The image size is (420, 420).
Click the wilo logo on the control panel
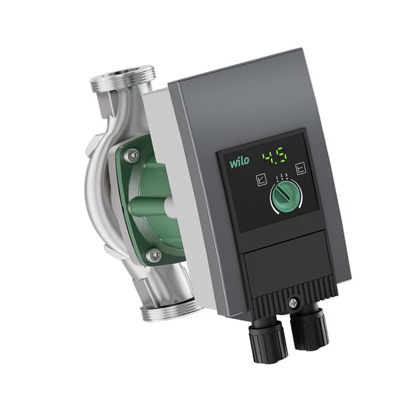pyautogui.click(x=239, y=162)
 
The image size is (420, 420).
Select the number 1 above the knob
pyautogui.click(x=276, y=177)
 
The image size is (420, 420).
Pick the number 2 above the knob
pyautogui.click(x=281, y=176)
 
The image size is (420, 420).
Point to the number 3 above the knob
pyautogui.click(x=286, y=175)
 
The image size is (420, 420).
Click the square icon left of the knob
pyautogui.click(x=261, y=180)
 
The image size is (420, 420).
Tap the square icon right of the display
pyautogui.click(x=301, y=169)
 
